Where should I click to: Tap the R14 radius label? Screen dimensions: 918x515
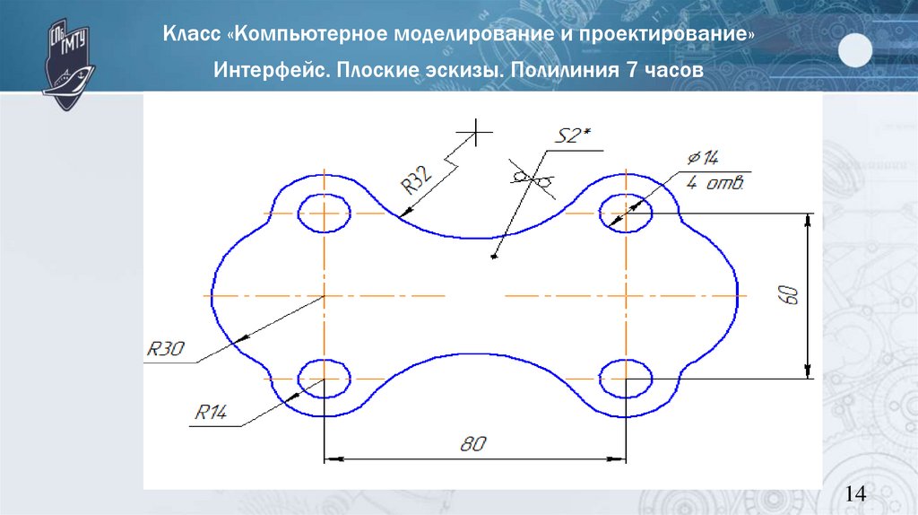point(212,412)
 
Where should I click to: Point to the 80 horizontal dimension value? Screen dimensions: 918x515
point(472,442)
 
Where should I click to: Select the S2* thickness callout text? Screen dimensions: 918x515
point(574,136)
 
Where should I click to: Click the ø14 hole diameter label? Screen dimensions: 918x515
point(703,160)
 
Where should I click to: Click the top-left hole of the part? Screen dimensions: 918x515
point(323,214)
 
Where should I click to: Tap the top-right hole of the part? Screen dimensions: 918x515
point(626,214)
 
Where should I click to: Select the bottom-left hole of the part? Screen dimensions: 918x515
point(323,378)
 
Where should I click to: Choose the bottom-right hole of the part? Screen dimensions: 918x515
point(626,378)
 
